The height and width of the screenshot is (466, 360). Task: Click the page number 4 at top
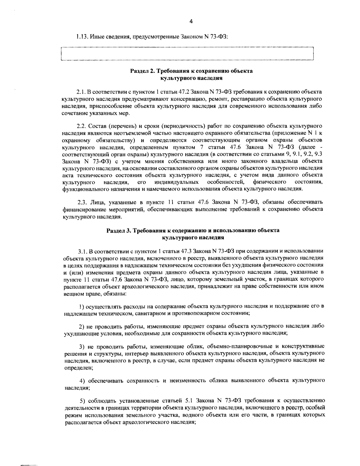tap(191, 21)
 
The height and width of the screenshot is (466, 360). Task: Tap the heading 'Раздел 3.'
tap(119, 231)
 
